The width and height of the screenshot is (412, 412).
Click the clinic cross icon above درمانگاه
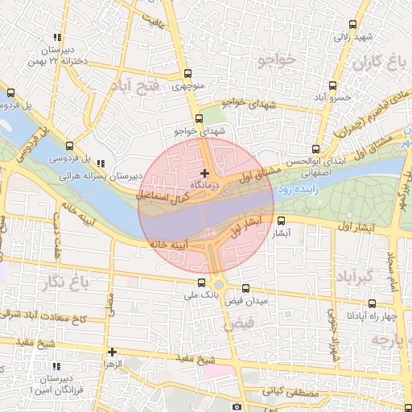coord(204,173)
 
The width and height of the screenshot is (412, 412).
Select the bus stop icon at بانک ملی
coord(201,282)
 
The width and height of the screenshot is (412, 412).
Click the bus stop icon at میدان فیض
coord(245,288)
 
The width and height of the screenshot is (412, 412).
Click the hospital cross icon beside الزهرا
coord(112,352)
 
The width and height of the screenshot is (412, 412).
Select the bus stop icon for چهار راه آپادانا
coord(372,303)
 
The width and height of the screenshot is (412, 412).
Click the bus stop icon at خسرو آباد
coord(332,85)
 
